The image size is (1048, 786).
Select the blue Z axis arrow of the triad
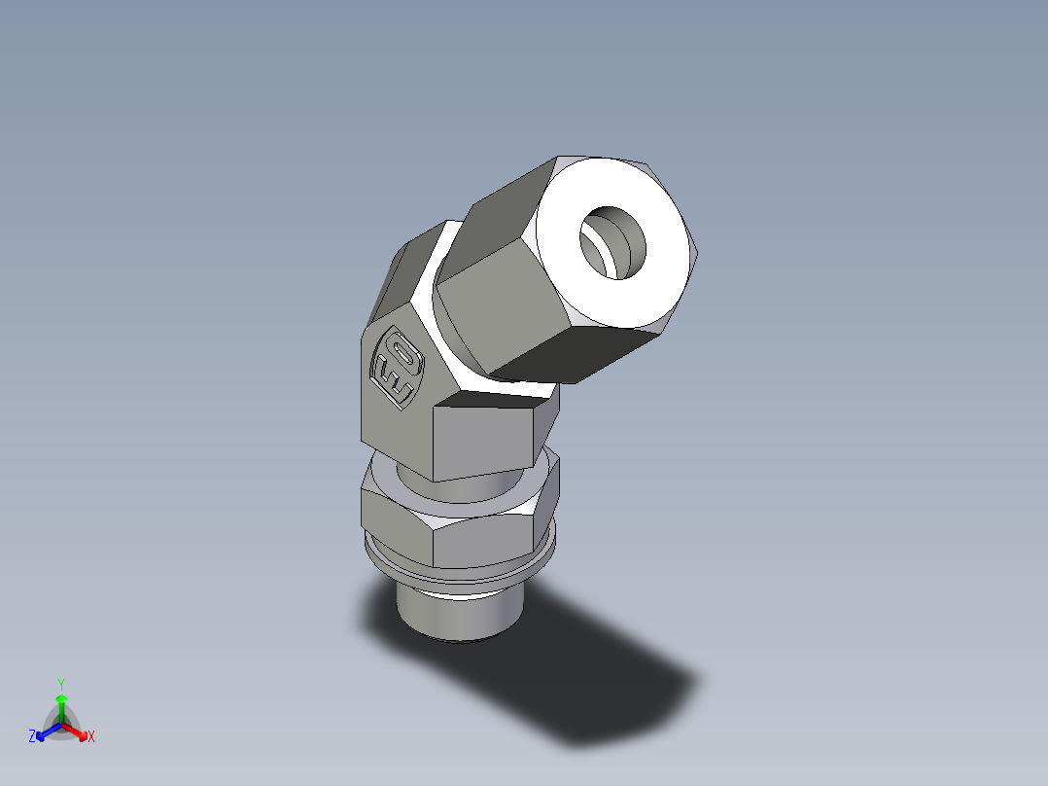click(45, 732)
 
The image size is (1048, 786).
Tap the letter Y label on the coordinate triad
click(60, 683)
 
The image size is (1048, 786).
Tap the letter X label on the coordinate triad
click(91, 737)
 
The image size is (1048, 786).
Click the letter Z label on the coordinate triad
click(32, 737)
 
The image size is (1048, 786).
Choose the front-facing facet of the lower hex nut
click(481, 540)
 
